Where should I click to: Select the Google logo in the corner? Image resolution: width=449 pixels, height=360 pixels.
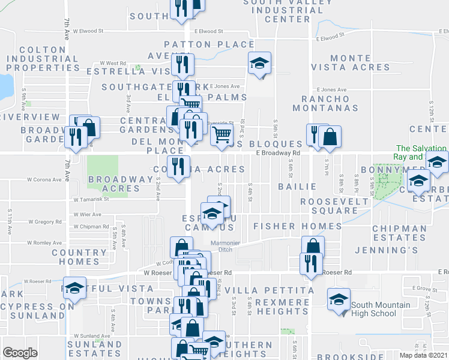click(x=20, y=353)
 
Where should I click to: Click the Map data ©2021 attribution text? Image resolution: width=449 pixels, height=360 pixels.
click(x=423, y=355)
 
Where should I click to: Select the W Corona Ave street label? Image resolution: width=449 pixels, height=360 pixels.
click(x=44, y=179)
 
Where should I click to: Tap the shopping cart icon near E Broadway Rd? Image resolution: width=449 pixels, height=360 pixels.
click(x=221, y=135)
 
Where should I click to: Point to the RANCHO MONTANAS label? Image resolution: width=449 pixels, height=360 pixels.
click(x=326, y=103)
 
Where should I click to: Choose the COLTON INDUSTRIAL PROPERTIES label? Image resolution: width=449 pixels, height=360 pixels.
click(x=43, y=59)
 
